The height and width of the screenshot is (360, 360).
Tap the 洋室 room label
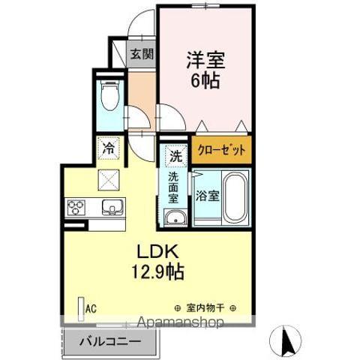202,59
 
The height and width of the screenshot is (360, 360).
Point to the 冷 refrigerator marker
109,147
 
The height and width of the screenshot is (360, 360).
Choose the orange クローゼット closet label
221,149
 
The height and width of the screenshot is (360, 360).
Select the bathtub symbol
235,197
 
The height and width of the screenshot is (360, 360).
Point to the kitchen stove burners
76,207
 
